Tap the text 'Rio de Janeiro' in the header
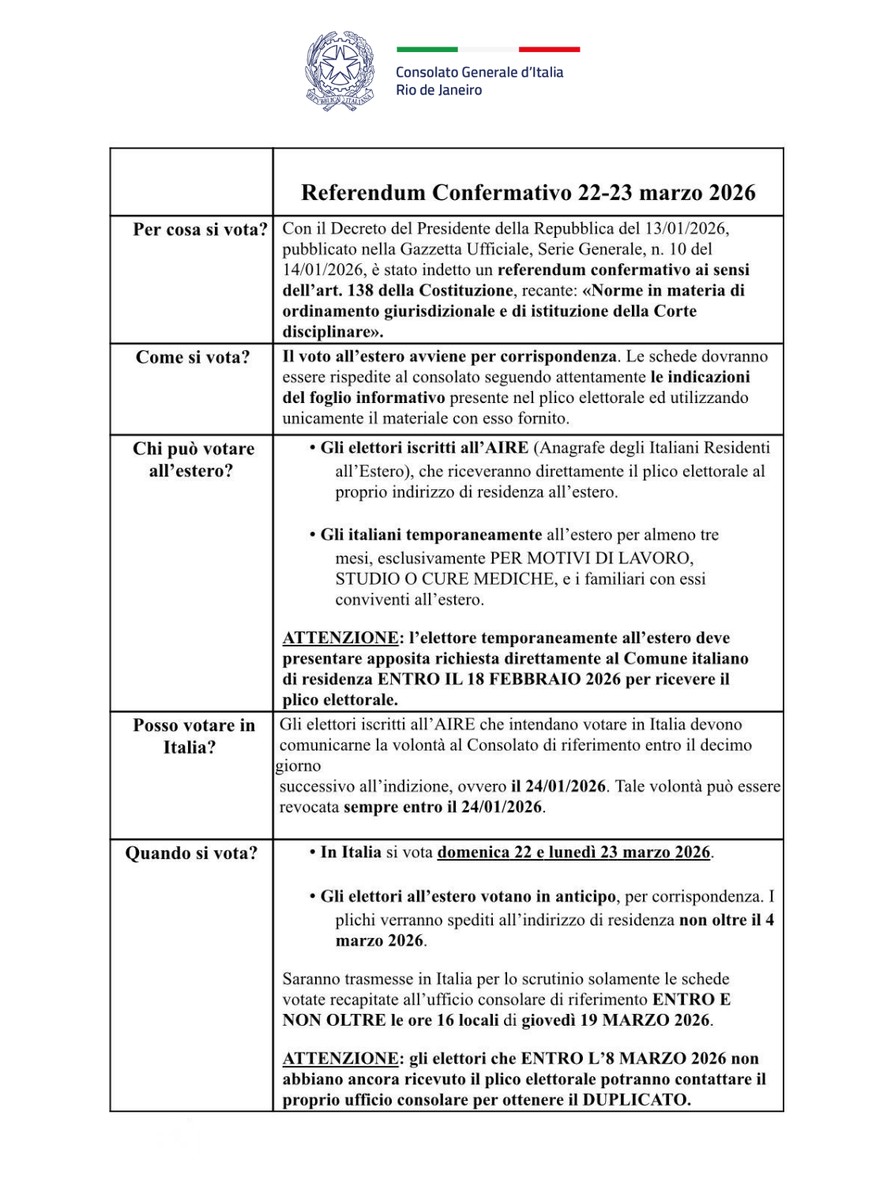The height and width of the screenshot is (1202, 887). pyautogui.click(x=438, y=90)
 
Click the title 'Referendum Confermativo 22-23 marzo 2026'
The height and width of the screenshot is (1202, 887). pyautogui.click(x=528, y=192)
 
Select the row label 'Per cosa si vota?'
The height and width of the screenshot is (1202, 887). pyautogui.click(x=200, y=229)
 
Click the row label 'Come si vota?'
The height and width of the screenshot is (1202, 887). pyautogui.click(x=192, y=357)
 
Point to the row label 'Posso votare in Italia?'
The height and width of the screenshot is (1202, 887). pyautogui.click(x=193, y=736)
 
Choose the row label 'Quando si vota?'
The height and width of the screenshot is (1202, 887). pyautogui.click(x=191, y=853)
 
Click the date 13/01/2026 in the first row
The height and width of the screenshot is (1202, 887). pyautogui.click(x=685, y=228)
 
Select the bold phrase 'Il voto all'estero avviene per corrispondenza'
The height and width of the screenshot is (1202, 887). pyautogui.click(x=449, y=356)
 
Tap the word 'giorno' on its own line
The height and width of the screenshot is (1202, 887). pyautogui.click(x=299, y=766)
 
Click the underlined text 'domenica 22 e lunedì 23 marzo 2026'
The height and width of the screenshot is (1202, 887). pyautogui.click(x=573, y=852)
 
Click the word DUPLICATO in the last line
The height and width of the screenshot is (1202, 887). pyautogui.click(x=636, y=1100)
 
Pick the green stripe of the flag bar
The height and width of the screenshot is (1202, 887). pyautogui.click(x=427, y=49)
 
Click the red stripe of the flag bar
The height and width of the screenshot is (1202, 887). pyautogui.click(x=549, y=49)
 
